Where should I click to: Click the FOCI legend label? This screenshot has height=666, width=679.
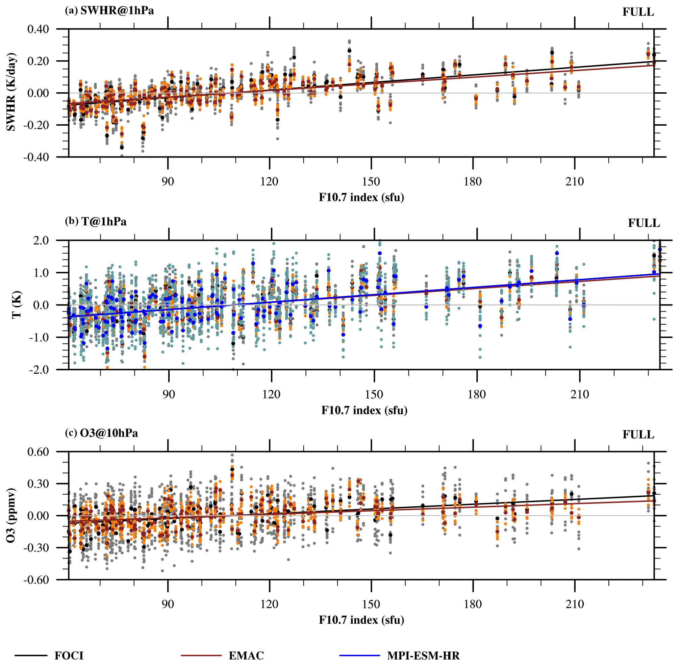[69, 655]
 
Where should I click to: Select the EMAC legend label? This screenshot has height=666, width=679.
[246, 655]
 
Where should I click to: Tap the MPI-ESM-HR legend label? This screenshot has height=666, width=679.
[423, 655]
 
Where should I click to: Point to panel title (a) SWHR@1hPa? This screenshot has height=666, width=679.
[109, 10]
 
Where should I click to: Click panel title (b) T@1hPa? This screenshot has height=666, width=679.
[96, 221]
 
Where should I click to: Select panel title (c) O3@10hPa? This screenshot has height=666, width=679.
[101, 433]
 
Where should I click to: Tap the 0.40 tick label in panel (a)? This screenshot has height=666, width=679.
[38, 29]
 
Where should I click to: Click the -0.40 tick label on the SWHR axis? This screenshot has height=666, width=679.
[36, 157]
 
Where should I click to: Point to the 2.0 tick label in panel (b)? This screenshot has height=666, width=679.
[41, 240]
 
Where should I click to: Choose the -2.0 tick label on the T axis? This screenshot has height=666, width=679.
[40, 370]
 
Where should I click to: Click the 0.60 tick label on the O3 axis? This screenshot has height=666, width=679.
[38, 451]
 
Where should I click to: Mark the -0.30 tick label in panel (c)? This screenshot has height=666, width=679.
[36, 548]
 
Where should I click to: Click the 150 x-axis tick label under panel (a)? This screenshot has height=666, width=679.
[371, 181]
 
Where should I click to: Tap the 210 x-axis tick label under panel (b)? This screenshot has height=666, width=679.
[580, 395]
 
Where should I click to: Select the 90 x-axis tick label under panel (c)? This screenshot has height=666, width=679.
[168, 604]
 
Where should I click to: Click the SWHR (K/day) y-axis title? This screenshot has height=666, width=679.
[11, 92]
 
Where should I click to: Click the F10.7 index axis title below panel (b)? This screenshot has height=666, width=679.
[364, 410]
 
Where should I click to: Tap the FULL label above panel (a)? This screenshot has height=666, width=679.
[638, 12]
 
